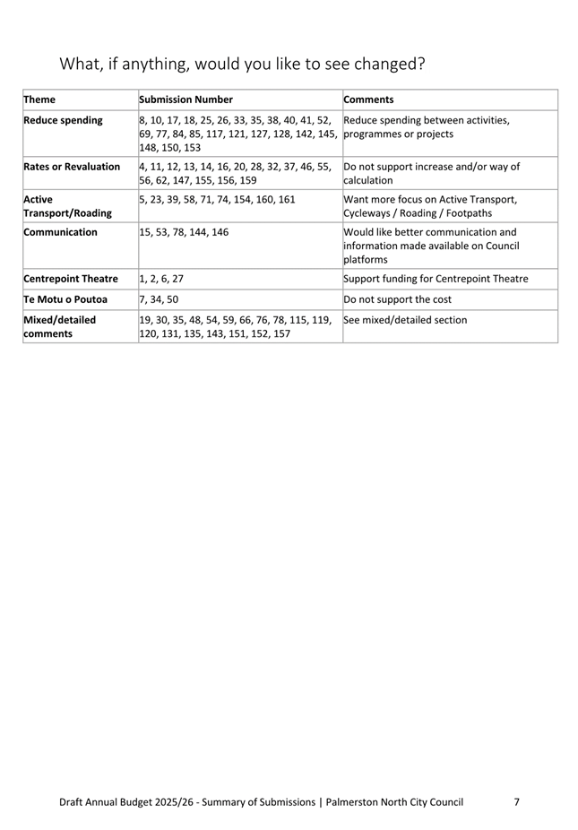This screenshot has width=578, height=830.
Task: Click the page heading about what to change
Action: [241, 65]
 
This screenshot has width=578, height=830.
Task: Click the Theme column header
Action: [39, 99]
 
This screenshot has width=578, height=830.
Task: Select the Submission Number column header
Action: [186, 99]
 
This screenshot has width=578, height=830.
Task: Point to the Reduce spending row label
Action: [63, 120]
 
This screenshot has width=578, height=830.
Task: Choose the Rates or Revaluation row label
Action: [72, 167]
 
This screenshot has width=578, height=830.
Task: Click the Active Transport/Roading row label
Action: [61, 206]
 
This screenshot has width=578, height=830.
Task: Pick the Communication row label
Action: [61, 233]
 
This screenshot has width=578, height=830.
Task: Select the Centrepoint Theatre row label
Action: [71, 279]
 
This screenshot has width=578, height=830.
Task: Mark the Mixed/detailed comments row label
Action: [59, 326]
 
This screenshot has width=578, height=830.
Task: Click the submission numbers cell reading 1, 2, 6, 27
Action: [161, 279]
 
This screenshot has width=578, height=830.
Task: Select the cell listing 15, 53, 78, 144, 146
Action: [184, 233]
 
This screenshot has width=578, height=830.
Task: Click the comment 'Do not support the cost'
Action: [404, 299]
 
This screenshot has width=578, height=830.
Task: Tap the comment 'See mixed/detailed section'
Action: [405, 320]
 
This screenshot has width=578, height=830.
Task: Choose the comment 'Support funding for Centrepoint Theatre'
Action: [436, 279]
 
